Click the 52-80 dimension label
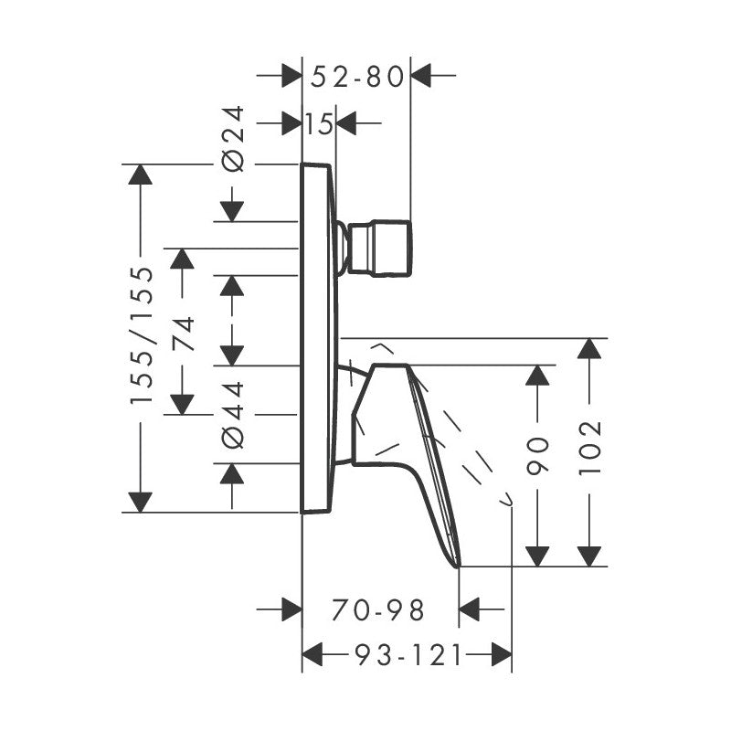coord(356,77)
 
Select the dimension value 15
coord(319,122)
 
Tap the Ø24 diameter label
coord(234,138)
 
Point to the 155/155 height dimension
coord(142,336)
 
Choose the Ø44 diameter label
coord(234,414)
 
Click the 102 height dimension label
coord(591,448)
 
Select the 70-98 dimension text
coord(380,609)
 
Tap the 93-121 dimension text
coord(407,654)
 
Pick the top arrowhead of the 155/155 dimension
coord(140,174)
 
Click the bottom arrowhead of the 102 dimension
coord(590,556)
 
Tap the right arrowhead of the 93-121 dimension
coord(501,653)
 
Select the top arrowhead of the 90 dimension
coord(538,375)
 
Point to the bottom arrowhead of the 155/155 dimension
coord(140,502)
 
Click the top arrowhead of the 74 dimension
coord(183,258)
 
